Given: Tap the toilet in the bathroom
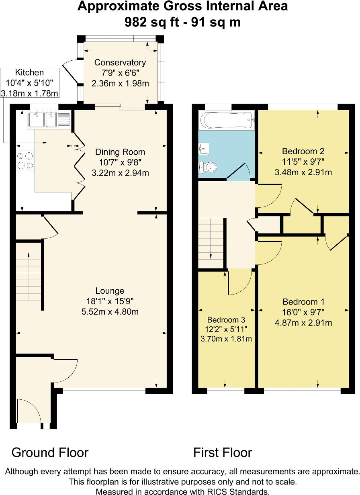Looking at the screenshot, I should tap(206, 168).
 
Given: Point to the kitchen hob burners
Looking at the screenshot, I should tap(25, 160).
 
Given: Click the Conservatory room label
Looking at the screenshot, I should tap(120, 62).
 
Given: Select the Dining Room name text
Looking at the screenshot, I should tap(120, 152).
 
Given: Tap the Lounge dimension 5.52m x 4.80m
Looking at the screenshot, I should tap(110, 311).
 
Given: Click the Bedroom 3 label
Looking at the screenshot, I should tap(226, 320).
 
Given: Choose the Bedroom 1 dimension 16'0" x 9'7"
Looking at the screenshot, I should tap(303, 312).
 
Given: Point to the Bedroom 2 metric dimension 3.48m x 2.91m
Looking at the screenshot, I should tap(303, 172).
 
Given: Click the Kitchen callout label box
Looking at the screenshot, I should tap(29, 83).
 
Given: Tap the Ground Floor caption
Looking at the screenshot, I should tap(50, 452).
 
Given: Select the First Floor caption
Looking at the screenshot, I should tap(223, 452).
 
